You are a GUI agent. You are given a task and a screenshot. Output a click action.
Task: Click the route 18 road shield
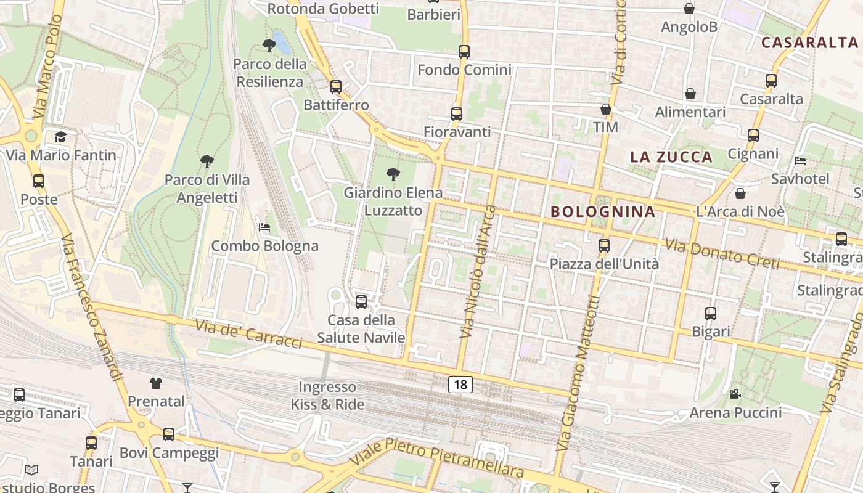[x=460, y=385]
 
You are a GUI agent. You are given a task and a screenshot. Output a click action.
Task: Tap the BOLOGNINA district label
[x=603, y=212]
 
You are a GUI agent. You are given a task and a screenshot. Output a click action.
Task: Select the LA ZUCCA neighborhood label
[x=671, y=157]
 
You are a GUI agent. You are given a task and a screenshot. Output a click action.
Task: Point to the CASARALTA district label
[x=809, y=43]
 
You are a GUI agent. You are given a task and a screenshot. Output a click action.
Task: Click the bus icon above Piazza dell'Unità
[x=604, y=246]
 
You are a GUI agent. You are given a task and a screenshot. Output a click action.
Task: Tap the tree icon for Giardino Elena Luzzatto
[x=393, y=174]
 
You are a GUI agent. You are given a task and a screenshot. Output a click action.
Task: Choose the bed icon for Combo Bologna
[x=264, y=227]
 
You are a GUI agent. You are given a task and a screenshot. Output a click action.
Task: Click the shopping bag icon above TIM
[x=606, y=110]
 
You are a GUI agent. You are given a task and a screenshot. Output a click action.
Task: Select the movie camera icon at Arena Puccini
[x=735, y=394]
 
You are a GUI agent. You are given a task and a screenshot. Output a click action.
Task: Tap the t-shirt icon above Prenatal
[x=156, y=383]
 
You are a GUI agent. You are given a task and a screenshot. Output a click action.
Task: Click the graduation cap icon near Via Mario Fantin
[x=60, y=137]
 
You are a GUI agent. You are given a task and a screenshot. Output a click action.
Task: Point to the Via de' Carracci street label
[x=249, y=334]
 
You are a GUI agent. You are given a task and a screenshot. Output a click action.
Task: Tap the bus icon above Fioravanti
[x=457, y=114]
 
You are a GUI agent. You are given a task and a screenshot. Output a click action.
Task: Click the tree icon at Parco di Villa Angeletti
[x=207, y=161]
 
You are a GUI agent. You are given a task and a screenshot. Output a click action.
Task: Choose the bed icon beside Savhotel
[x=800, y=161]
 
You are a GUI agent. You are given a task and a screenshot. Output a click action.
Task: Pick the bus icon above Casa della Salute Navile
[x=361, y=302]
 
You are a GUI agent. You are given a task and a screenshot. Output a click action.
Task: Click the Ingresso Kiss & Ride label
[x=327, y=396]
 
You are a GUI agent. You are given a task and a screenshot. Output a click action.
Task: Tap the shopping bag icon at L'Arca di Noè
[x=740, y=194]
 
